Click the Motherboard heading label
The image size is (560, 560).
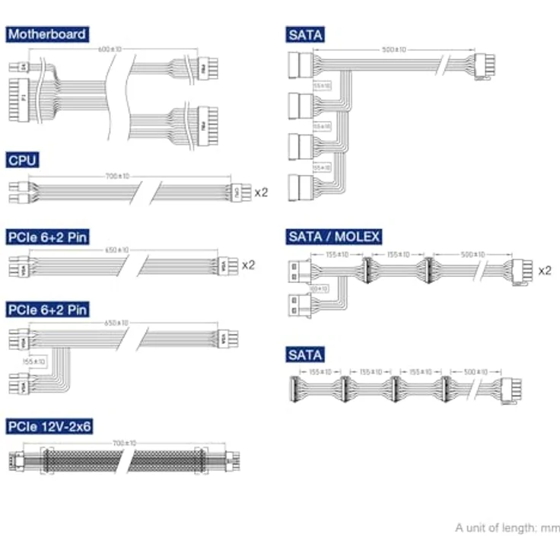(46, 34)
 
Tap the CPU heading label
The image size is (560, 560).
(23, 160)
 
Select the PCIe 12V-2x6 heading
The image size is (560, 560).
(49, 427)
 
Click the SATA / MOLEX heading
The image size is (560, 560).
(333, 237)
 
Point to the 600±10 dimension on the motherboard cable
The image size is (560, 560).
(110, 50)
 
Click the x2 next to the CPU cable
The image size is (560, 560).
(261, 192)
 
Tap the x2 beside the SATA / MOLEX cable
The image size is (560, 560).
(544, 270)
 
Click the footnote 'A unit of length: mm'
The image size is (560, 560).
(508, 527)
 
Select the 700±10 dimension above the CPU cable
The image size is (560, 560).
(117, 177)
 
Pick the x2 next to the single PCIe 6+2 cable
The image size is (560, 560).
(249, 266)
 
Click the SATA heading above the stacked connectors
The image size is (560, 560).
(305, 34)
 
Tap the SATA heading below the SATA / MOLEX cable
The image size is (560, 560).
(305, 355)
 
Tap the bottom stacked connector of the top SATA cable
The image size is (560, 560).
(301, 186)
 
